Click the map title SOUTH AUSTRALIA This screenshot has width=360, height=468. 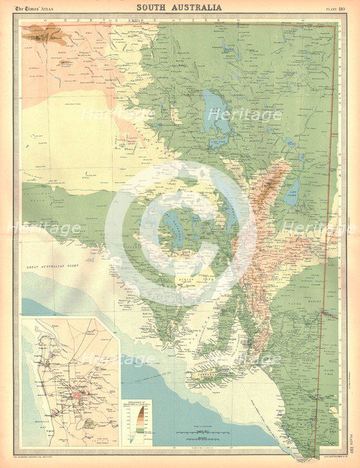tap(179, 8)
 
